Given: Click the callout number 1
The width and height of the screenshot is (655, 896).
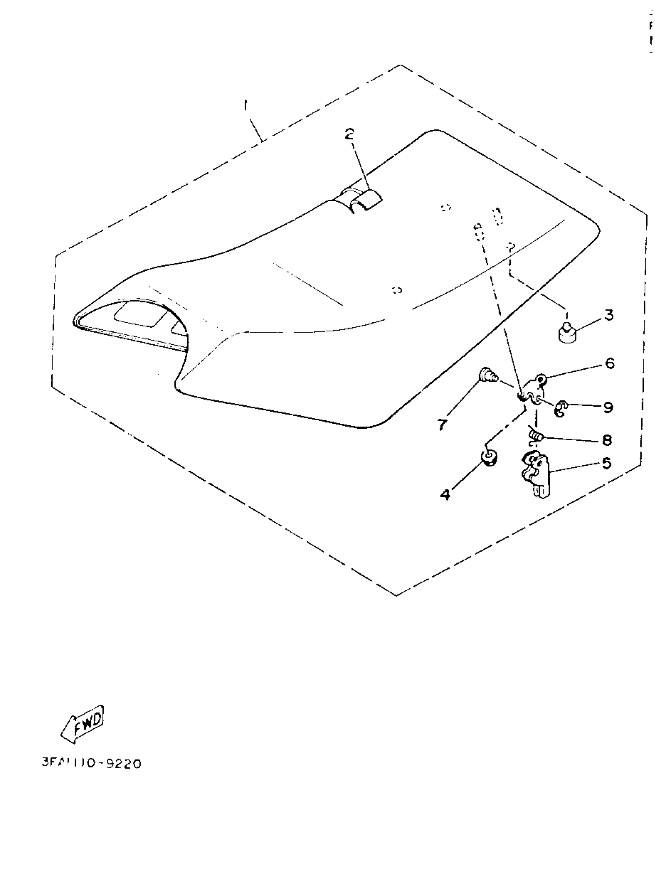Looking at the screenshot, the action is coord(246,106).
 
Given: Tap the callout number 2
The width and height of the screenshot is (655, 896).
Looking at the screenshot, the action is coord(349,134).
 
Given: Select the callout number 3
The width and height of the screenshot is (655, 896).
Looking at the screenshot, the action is coord(609,315).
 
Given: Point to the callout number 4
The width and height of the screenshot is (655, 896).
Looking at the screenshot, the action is coord(446,494).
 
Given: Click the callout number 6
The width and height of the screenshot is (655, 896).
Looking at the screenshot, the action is coord(610,363).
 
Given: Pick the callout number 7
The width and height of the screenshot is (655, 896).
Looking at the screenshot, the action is coord(442,424).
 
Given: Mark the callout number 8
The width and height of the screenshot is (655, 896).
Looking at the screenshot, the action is coord(607,440).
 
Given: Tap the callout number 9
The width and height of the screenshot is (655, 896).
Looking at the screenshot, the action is coord(608,407).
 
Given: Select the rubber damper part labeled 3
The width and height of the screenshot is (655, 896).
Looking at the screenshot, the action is coord(568,334).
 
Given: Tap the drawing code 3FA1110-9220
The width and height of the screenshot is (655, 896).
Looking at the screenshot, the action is coord(92,763).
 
